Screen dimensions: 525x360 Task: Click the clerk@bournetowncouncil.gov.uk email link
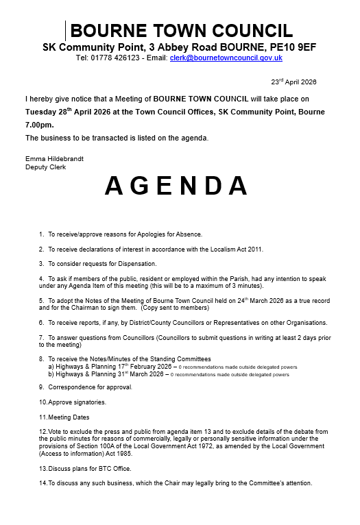coord(226,59)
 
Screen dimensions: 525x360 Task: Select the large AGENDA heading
coord(178,186)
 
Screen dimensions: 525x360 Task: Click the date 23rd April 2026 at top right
coord(293,82)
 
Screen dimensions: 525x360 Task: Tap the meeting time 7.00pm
coord(39,125)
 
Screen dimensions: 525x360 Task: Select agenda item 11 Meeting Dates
coord(64,417)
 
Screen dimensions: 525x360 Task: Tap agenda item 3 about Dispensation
coord(98,264)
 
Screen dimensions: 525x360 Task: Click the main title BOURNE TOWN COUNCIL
coord(182,31)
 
